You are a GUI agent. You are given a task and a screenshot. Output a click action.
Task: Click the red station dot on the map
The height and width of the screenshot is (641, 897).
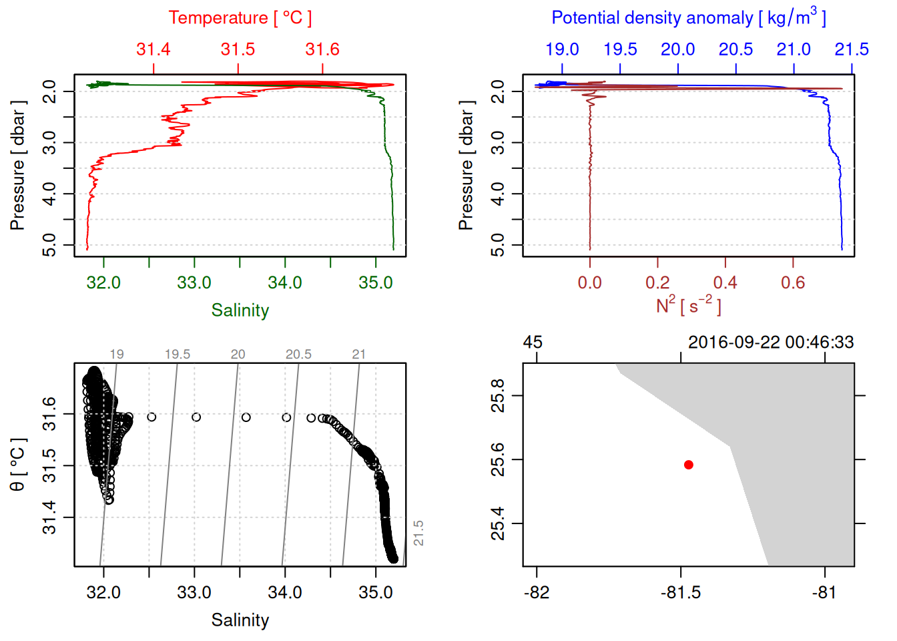[688, 465]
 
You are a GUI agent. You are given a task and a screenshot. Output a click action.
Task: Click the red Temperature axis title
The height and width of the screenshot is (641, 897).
[240, 18]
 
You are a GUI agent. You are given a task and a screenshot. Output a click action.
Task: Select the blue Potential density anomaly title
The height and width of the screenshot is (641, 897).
[688, 17]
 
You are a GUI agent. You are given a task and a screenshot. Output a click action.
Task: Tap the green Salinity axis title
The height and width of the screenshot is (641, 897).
[240, 310]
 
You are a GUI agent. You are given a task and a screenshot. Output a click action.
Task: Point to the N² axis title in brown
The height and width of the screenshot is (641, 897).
[688, 305]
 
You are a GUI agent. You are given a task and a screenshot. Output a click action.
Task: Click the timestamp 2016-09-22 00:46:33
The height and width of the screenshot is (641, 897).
[771, 343]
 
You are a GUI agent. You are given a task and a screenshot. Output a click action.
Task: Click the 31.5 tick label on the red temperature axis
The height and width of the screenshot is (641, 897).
[238, 49]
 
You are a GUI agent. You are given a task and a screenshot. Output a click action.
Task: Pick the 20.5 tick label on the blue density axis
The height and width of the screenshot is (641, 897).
[735, 49]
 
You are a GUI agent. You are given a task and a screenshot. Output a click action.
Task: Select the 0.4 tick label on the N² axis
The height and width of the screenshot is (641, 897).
[725, 283]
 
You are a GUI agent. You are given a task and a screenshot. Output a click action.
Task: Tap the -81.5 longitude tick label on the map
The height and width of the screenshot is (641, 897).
[681, 593]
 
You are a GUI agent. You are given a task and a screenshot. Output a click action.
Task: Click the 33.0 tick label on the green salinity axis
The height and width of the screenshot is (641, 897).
[194, 283]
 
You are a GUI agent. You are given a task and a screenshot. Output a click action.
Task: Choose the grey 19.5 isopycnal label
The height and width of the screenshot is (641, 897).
[178, 355]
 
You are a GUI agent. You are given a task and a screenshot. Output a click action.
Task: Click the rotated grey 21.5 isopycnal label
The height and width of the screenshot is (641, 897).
[418, 533]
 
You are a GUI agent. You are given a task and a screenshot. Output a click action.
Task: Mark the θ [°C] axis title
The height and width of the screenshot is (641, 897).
[18, 465]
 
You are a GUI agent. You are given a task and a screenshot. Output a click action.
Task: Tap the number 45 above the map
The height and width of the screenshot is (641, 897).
[533, 343]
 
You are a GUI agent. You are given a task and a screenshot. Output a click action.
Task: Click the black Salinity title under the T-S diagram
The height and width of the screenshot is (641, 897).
[240, 620]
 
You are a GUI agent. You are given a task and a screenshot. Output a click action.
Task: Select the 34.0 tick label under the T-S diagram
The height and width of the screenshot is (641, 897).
[285, 593]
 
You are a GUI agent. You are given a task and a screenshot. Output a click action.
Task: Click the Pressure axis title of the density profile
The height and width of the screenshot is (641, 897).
[466, 166]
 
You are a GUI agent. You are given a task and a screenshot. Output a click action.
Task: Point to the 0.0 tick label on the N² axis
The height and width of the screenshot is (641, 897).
[589, 283]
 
